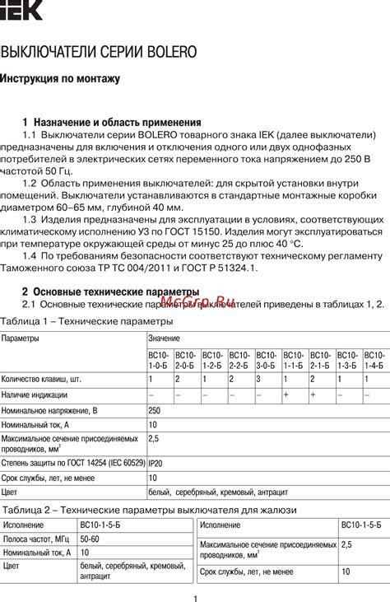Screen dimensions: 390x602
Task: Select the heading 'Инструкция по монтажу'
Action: (60, 79)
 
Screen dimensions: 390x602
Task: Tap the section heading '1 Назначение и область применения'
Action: (112, 121)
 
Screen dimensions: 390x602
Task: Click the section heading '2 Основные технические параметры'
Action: (110, 292)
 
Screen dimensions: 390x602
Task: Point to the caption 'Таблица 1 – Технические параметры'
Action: (86, 320)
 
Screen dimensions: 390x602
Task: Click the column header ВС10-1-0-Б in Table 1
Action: (160, 358)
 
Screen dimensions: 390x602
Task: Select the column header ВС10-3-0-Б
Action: (267, 358)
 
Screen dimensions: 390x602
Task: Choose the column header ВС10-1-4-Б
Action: (374, 358)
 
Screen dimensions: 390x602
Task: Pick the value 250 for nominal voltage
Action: (155, 409)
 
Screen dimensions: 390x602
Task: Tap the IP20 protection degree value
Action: (156, 463)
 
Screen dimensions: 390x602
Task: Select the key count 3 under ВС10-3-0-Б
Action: (258, 380)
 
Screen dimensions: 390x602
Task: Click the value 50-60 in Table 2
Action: (90, 539)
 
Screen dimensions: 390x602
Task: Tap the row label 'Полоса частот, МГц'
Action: (36, 539)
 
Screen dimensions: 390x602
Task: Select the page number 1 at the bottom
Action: (195, 598)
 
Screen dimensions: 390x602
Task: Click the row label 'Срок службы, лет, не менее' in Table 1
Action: (49, 478)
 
